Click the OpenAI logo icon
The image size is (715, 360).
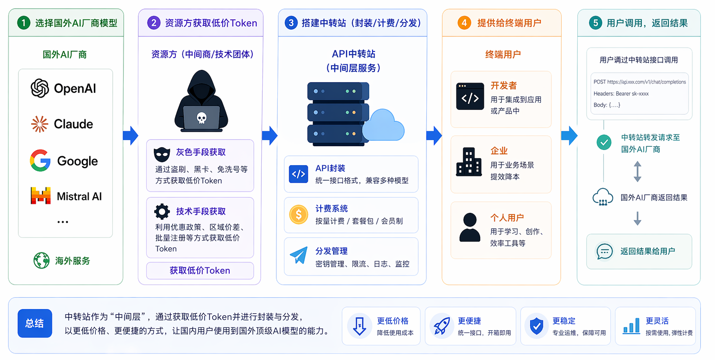40,88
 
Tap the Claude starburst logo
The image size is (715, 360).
40,124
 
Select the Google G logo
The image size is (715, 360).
40,160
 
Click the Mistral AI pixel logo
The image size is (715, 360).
41,196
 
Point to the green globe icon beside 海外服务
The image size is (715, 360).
42,260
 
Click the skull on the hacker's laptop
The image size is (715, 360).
201,117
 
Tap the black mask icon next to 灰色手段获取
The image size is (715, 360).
162,154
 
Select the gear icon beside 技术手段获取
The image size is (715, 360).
162,211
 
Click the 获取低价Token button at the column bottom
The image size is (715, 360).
200,271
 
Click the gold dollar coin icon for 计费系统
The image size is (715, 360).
298,215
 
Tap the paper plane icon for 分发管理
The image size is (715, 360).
298,256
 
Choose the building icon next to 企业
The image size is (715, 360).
469,161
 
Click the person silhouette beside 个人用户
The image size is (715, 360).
469,227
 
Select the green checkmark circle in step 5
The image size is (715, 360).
604,142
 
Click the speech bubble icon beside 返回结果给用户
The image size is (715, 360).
604,251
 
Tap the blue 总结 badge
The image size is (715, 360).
35,324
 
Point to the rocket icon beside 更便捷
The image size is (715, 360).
441,326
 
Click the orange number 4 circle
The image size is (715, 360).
464,23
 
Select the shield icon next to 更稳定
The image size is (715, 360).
537,326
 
